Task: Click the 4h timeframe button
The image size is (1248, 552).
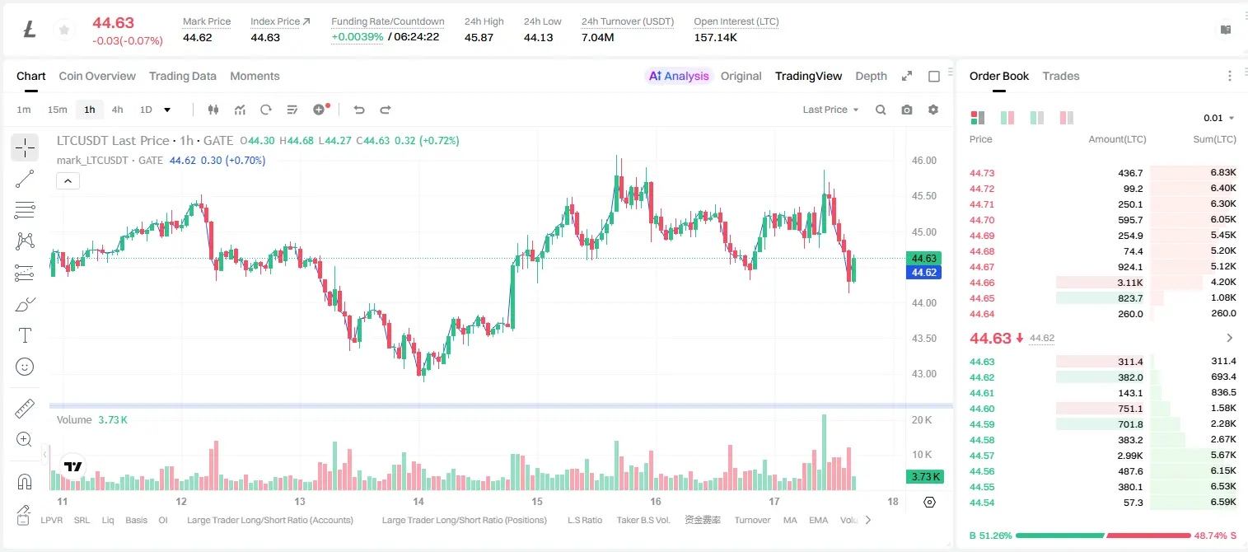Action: tap(117, 110)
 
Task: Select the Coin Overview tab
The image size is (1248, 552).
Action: tap(97, 76)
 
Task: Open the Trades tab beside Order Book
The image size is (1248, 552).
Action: tap(1061, 76)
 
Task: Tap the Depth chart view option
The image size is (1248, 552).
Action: tap(871, 76)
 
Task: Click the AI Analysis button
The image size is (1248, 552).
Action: tap(679, 76)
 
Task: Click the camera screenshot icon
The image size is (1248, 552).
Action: tap(907, 110)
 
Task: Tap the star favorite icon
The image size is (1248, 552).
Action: tap(64, 30)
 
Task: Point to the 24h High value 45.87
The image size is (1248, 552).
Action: tap(479, 37)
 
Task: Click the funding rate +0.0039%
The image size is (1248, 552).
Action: tap(358, 37)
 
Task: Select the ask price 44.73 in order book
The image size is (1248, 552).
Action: tap(982, 173)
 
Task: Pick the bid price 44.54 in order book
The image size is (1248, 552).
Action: tap(982, 503)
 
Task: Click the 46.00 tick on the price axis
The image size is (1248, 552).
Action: tap(924, 161)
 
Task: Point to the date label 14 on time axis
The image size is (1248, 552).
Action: tap(418, 501)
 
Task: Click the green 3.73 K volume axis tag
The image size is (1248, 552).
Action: tap(925, 476)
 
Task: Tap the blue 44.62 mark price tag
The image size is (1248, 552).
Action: tap(923, 273)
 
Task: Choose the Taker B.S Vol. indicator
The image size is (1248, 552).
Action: tap(643, 520)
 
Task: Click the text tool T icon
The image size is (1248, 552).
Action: tap(25, 335)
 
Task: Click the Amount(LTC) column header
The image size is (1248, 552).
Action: tap(1117, 139)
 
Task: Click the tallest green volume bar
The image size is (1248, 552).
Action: tap(824, 452)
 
